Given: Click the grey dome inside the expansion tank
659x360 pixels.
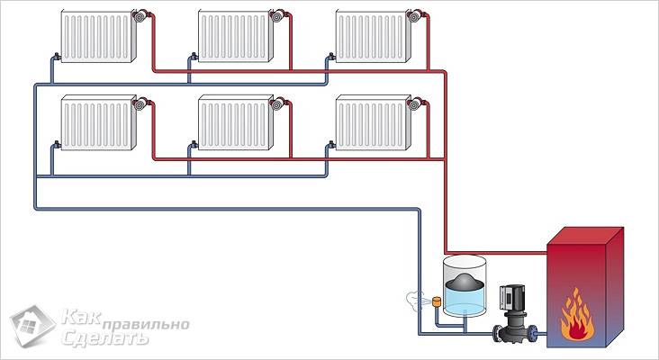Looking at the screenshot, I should point(462,282).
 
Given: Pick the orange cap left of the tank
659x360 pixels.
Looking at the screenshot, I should point(436,300).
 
